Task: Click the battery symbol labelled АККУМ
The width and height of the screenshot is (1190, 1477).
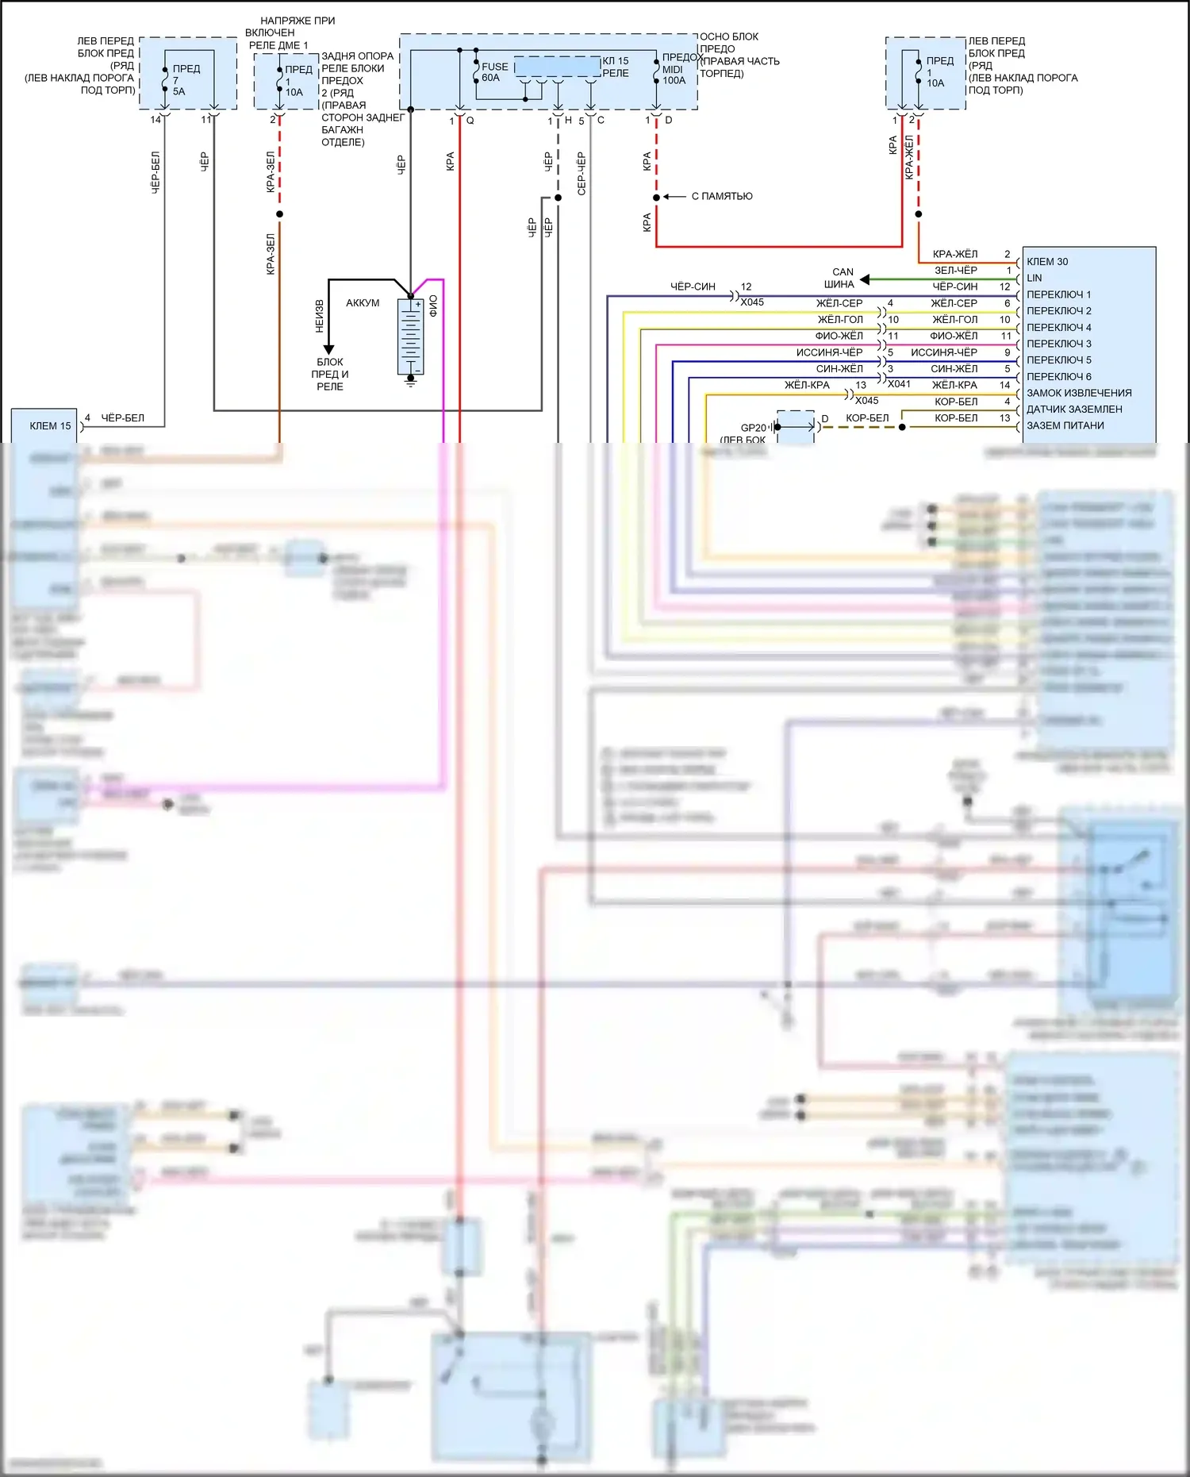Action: (410, 337)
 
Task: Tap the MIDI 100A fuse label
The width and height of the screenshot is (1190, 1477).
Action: (674, 75)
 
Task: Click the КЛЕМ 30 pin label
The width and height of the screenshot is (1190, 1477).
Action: (1047, 262)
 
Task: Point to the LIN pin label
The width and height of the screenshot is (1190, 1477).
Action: (1035, 279)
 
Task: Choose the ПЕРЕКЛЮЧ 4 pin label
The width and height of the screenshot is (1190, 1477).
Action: (1059, 328)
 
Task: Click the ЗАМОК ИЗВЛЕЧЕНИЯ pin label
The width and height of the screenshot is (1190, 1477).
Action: (1079, 394)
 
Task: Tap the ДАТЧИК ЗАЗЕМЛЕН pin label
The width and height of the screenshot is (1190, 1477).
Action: (1074, 410)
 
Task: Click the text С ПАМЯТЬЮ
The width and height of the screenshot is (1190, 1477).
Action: (722, 197)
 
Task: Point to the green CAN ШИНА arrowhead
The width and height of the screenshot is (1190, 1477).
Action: (865, 279)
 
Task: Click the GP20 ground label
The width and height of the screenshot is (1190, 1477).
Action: (753, 428)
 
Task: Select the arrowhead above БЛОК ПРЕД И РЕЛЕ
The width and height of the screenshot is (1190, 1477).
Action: (328, 349)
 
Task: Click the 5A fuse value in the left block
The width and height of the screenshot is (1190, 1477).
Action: (179, 92)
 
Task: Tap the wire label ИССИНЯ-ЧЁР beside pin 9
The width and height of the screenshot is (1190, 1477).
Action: (943, 352)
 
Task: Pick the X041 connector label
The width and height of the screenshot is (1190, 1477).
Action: (899, 384)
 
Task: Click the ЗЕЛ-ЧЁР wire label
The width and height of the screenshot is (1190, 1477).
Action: (955, 271)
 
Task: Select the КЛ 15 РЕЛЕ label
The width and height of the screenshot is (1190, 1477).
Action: (615, 67)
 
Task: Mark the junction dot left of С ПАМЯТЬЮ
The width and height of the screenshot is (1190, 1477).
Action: (656, 197)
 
